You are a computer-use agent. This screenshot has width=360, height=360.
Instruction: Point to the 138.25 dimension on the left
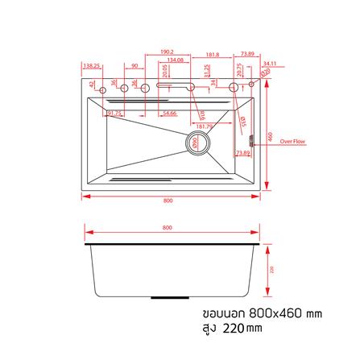pos(91,67)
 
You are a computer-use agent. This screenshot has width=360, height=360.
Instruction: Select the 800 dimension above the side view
pos(168,229)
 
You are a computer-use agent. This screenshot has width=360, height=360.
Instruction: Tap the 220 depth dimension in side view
pos(271,269)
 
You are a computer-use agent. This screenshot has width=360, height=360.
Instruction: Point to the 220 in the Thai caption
pos(229,328)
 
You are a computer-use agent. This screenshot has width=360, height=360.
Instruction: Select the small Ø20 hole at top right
pos(251,81)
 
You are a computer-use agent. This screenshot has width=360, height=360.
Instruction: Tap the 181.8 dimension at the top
pos(213,56)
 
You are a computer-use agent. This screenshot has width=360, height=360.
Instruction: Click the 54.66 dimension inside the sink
pos(169,114)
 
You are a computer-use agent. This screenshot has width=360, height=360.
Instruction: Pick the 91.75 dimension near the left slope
pos(113,114)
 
